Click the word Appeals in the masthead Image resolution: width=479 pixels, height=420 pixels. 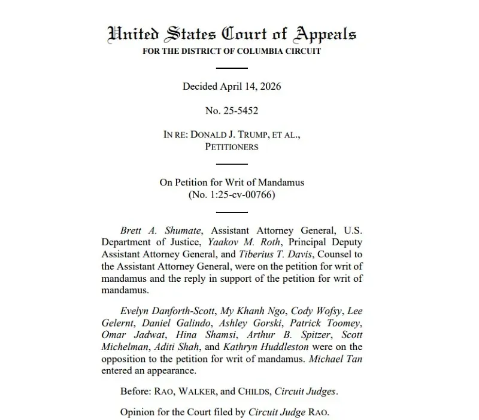(x=317, y=34)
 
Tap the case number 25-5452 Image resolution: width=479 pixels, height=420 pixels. (x=241, y=111)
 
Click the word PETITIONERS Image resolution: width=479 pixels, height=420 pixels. (x=232, y=147)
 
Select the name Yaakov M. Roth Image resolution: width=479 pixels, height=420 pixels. (x=246, y=242)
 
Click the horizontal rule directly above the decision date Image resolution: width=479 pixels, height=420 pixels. (x=231, y=68)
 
